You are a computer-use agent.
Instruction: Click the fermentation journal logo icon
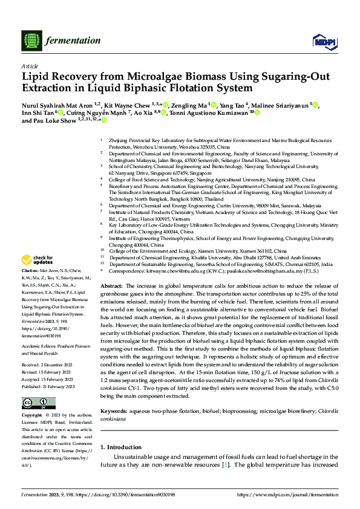pos(30,41)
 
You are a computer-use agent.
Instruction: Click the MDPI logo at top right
pos(321,41)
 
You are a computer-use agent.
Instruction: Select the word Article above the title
pos(30,66)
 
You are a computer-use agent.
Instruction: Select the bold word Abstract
pos(111,285)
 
